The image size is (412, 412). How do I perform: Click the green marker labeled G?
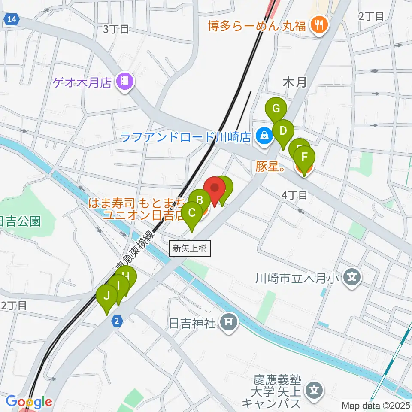pos(276,109)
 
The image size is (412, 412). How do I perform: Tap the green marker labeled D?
pos(283,130)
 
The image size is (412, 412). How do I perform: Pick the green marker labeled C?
pos(192,213)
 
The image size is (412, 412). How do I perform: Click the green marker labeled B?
pos(200,200)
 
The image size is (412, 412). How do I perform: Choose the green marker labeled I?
pos(118,285)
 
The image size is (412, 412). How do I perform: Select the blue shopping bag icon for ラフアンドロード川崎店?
pos(264,137)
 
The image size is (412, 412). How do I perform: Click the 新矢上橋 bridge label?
pos(190,248)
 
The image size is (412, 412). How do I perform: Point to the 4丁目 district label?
pos(294,195)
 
